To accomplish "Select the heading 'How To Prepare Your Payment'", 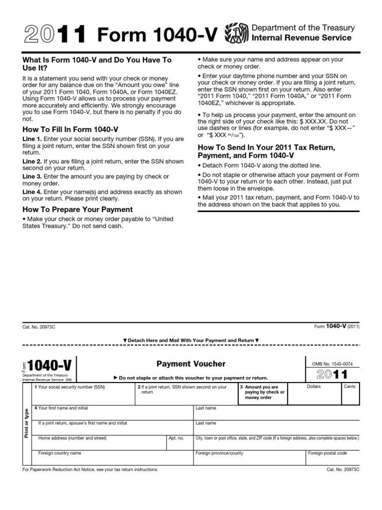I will coord(78,210).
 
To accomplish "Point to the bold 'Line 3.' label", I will coord(32,177).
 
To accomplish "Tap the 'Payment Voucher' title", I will coord(191,364).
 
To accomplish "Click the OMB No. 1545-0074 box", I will coord(332,364).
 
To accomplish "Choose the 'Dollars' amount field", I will coord(314,394).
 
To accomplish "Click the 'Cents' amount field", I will coord(350,394).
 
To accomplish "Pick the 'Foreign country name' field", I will coord(112,457).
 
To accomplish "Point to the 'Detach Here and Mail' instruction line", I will coord(191,341).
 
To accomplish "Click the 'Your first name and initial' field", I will coord(112,412).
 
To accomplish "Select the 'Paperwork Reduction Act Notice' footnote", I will coord(91,470).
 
